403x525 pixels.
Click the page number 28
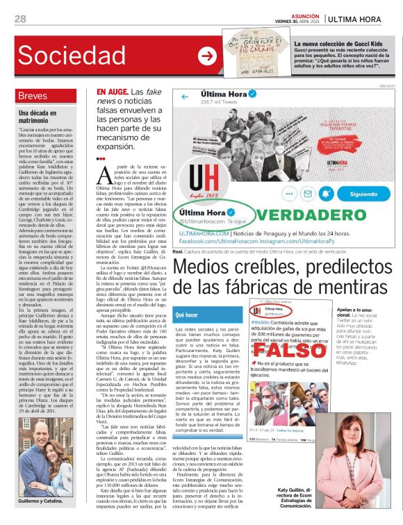point(20,19)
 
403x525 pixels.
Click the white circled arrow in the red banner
point(206,56)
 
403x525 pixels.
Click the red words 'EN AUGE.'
point(112,92)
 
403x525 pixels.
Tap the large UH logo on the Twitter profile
point(202,181)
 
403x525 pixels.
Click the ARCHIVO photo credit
point(386,85)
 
